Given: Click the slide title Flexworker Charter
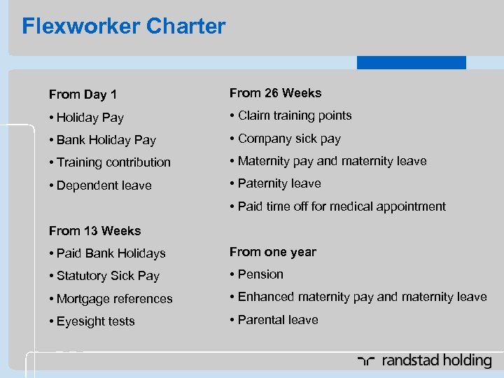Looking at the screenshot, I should [124, 27].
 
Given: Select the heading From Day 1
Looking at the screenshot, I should [83, 94].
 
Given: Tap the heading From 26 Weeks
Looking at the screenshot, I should [275, 93].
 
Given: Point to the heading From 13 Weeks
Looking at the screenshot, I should [94, 231].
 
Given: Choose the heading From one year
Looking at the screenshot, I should [272, 252].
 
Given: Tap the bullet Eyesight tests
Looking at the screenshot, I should [95, 321].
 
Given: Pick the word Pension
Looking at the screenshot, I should [260, 274].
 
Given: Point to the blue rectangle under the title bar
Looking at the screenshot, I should [411, 62].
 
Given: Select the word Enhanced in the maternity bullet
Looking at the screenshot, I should [265, 297].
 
